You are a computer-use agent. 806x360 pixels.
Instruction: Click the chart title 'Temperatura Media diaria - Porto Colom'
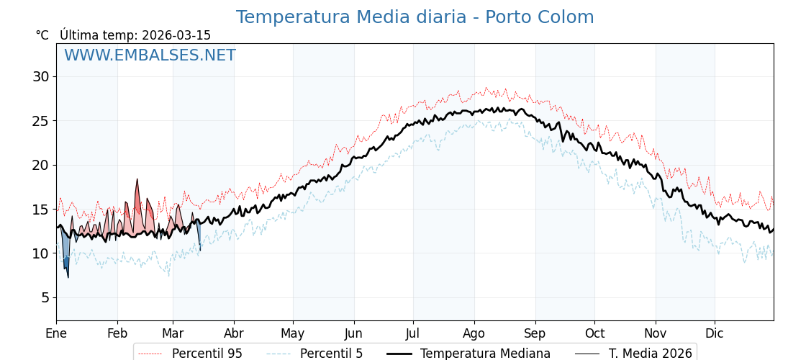tap(415, 17)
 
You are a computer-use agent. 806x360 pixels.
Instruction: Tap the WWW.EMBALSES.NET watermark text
tap(150, 55)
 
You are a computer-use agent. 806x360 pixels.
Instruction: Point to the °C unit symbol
tap(42, 35)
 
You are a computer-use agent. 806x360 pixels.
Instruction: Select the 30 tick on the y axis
tap(40, 76)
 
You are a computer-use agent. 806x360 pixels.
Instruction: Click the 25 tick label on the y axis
tap(40, 121)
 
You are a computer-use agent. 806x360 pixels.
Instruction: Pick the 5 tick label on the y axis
tap(44, 297)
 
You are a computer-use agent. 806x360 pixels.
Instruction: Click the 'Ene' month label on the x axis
tap(56, 333)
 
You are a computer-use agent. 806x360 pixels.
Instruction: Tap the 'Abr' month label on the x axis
tap(234, 333)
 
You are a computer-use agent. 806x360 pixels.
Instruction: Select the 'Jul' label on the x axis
tap(413, 333)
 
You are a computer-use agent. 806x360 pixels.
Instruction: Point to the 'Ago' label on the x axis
tap(474, 333)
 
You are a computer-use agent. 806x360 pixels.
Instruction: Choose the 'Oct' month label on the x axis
tap(594, 333)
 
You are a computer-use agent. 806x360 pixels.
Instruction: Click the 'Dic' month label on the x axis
tap(715, 333)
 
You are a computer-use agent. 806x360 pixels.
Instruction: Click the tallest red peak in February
tap(137, 181)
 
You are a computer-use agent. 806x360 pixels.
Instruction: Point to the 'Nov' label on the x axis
tap(656, 333)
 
